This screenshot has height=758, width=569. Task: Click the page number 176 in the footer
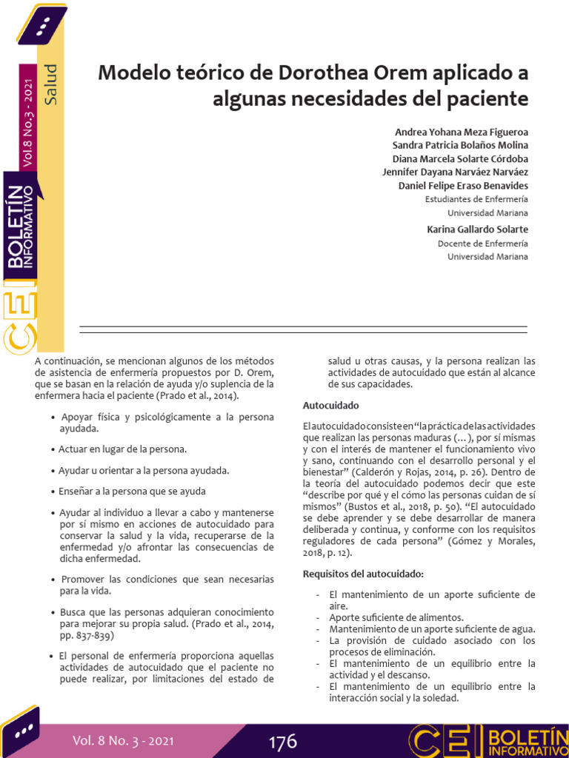[x=282, y=741]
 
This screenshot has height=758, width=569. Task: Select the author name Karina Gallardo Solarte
[x=478, y=229]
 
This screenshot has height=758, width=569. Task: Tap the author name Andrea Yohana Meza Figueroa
[x=462, y=132]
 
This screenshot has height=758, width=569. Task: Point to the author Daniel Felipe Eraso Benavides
[x=463, y=185]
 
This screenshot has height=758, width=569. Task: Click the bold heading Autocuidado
[x=330, y=406]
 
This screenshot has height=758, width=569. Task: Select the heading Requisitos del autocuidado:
[x=363, y=574]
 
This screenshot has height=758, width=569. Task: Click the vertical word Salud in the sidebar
[x=50, y=84]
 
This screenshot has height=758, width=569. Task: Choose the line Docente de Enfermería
[x=483, y=243]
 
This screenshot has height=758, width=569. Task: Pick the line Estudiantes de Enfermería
[x=476, y=199]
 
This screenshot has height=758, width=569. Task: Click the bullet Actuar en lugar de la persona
[x=123, y=449]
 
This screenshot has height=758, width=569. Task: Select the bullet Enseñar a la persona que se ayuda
[x=133, y=491]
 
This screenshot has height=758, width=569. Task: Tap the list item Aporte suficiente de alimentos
[x=396, y=617]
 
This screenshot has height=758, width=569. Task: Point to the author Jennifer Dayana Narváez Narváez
[x=455, y=172]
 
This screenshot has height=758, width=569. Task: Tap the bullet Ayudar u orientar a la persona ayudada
[x=144, y=470]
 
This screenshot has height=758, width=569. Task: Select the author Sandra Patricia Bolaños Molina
[x=460, y=145]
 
